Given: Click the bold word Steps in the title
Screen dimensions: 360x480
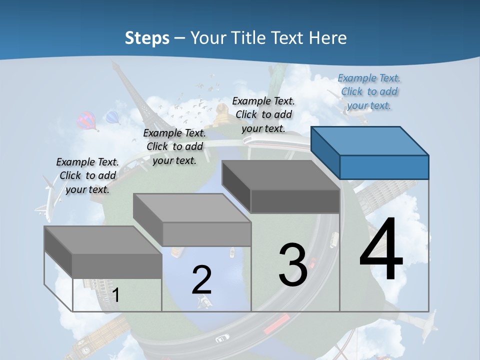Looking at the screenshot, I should (x=147, y=38).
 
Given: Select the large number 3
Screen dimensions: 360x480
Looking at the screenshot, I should (x=293, y=265).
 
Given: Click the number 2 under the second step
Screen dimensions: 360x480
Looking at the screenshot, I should (x=201, y=280).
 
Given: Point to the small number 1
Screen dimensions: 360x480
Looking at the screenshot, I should (x=116, y=295).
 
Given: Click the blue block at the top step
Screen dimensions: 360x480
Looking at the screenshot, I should (x=370, y=152).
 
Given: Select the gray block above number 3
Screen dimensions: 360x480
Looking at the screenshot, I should (x=281, y=186).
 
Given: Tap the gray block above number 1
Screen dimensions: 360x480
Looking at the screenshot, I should (x=103, y=251).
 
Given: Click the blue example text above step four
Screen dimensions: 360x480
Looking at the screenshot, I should (x=369, y=91).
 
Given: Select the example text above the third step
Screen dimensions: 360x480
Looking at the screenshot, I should (x=263, y=114).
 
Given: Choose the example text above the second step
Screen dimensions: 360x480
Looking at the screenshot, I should (x=174, y=146).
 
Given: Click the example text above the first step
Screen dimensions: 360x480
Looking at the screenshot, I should (x=87, y=175).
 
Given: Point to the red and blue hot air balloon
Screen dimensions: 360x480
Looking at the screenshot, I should (x=87, y=120).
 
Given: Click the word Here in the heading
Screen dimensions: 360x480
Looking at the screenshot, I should (x=327, y=38).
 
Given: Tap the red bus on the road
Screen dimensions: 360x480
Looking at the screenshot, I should (x=276, y=324).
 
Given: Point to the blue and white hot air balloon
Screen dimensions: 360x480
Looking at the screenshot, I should (x=113, y=118).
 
